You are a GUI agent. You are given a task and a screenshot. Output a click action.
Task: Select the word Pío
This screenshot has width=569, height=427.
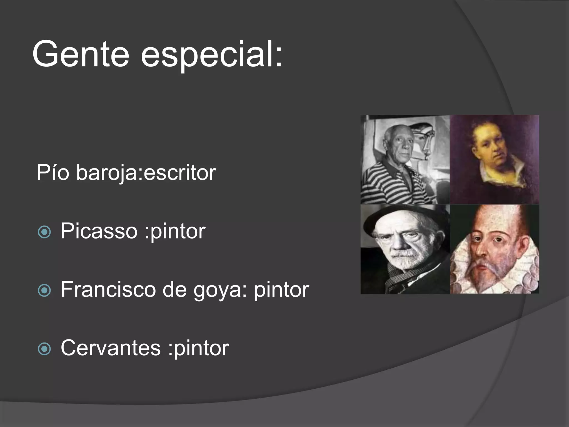(53, 173)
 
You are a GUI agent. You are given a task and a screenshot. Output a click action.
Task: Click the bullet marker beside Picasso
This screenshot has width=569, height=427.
(44, 232)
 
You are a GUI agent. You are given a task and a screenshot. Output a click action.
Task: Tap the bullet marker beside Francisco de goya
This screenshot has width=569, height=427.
(44, 291)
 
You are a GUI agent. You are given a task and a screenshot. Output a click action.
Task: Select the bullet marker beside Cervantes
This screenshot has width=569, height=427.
(44, 349)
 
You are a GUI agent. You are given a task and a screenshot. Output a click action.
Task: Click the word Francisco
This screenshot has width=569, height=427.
(108, 289)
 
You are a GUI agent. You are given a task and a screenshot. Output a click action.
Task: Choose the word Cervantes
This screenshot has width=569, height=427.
(111, 348)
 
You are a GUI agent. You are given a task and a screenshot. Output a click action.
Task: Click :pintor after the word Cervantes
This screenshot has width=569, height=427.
(198, 348)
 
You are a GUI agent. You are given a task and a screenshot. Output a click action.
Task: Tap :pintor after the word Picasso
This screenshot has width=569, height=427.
(175, 231)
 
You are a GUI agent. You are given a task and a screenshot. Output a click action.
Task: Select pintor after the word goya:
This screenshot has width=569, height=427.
(281, 290)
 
